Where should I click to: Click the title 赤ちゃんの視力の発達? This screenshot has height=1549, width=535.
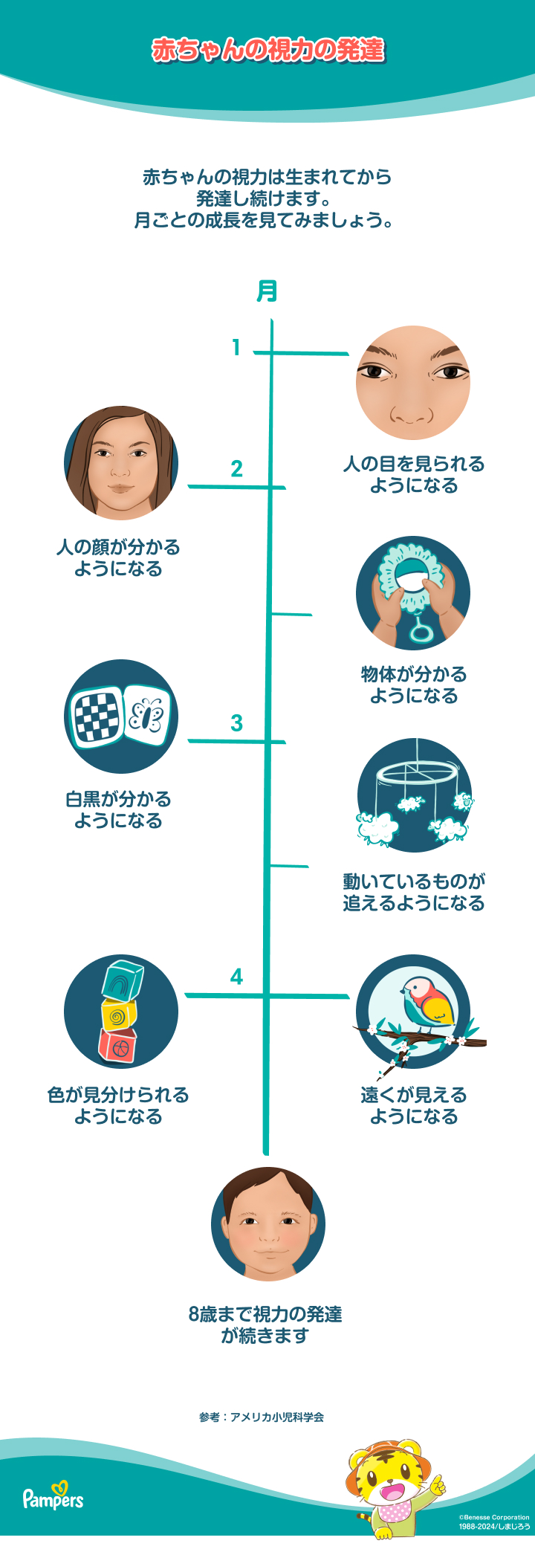point(267,50)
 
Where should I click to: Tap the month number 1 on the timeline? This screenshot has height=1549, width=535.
point(236,347)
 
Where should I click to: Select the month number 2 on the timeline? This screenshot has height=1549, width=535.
point(236,469)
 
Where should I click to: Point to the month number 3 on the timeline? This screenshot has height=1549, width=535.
point(236,722)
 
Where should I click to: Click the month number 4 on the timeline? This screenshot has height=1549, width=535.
point(236,976)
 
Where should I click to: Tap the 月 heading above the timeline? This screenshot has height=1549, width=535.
point(267,291)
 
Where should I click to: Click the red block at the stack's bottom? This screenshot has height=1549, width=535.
point(117,1046)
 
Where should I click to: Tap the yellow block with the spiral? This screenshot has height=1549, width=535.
point(119,1015)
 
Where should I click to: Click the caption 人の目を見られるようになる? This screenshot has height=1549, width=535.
point(413,474)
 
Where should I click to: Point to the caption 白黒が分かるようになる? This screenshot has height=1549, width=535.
point(118,809)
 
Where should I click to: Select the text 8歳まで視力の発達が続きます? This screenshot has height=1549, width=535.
point(265,1325)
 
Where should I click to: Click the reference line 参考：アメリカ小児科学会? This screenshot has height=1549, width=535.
point(262,1417)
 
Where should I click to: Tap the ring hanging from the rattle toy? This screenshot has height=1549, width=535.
point(421,633)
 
